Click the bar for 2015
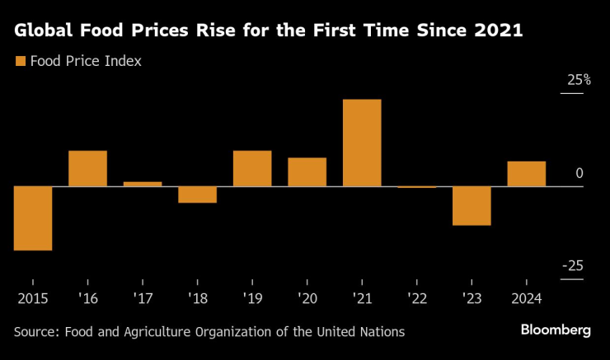(x=33, y=218)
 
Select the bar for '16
(x=87, y=168)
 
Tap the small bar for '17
(x=143, y=184)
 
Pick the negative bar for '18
(x=197, y=194)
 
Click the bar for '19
(x=252, y=168)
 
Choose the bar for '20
(x=307, y=172)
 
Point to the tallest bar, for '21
(x=362, y=143)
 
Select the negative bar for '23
(x=472, y=206)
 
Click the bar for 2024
(x=526, y=174)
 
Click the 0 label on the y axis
(x=579, y=174)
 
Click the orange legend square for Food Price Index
(x=19, y=61)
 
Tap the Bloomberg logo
(x=555, y=330)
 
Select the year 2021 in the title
(x=498, y=31)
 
